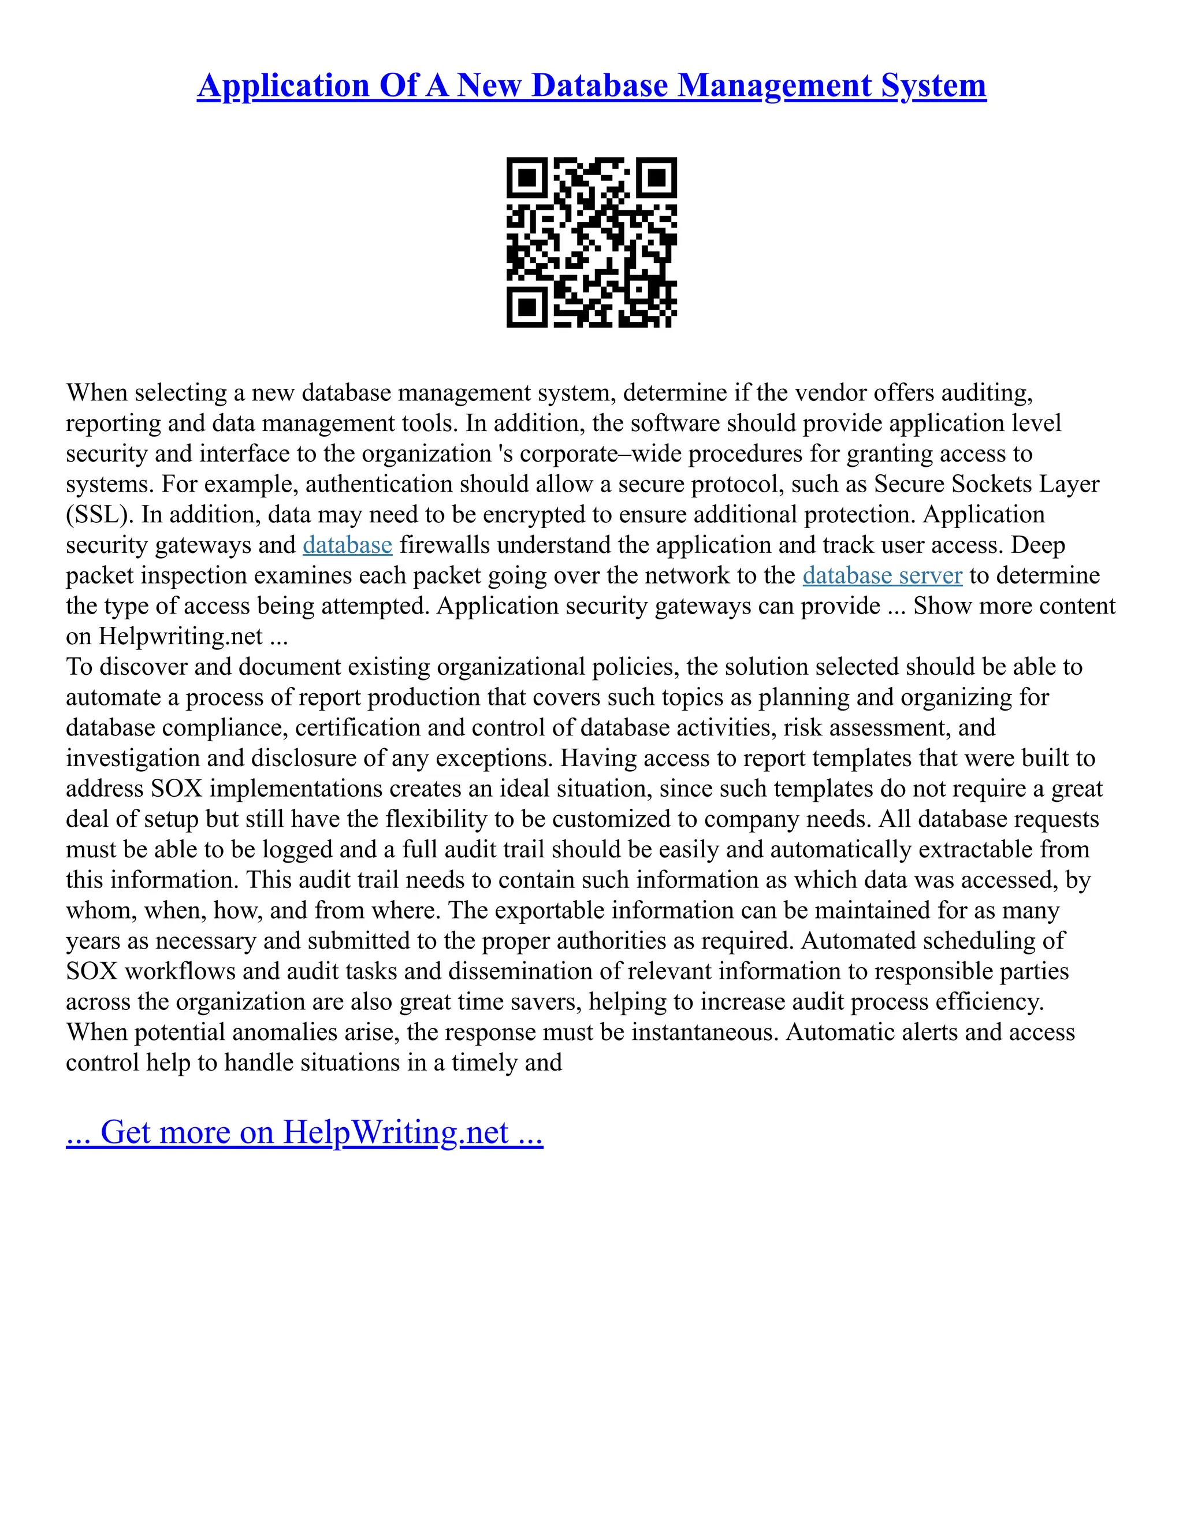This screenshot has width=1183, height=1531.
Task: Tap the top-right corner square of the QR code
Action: point(657,177)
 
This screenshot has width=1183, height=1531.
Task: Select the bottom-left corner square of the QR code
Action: point(526,307)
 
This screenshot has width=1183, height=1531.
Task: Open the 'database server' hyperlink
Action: point(883,575)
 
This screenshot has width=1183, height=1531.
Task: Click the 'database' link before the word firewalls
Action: point(347,545)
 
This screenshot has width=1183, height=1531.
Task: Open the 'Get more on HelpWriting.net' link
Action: point(304,1132)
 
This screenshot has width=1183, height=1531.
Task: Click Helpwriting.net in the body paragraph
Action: point(180,636)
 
